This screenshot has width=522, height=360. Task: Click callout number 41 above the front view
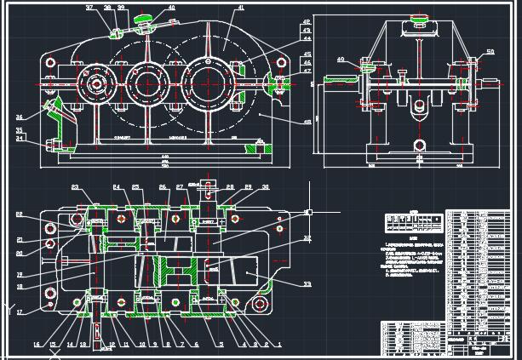pyautogui.click(x=240, y=8)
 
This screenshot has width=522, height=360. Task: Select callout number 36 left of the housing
pyautogui.click(x=19, y=117)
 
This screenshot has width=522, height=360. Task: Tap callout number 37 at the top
pyautogui.click(x=89, y=8)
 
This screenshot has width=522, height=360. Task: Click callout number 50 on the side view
pyautogui.click(x=490, y=53)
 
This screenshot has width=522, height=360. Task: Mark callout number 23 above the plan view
pyautogui.click(x=75, y=187)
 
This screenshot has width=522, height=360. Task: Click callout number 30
pyautogui.click(x=265, y=187)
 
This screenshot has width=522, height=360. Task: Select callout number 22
pyautogui.click(x=19, y=214)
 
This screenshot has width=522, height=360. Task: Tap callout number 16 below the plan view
pyautogui.click(x=37, y=344)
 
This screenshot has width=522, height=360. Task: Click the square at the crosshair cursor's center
pyautogui.click(x=308, y=211)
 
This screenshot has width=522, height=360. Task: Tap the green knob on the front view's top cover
pyautogui.click(x=148, y=19)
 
